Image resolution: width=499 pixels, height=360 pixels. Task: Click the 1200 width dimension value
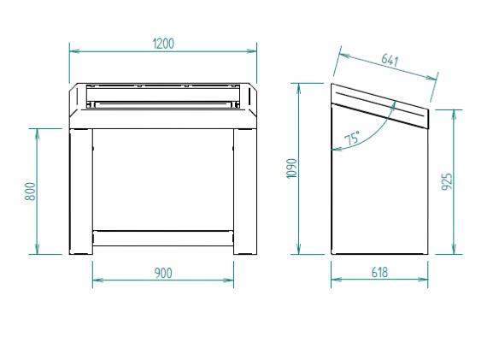pyautogui.click(x=163, y=44)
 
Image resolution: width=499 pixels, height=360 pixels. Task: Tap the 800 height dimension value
pyautogui.click(x=31, y=192)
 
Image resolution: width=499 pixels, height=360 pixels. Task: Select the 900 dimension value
pyautogui.click(x=163, y=273)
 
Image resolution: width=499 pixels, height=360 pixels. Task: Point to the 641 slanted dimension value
pyautogui.click(x=390, y=60)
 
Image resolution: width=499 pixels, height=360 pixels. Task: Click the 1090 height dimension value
pyautogui.click(x=292, y=168)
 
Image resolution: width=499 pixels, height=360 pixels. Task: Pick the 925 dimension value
pyautogui.click(x=447, y=181)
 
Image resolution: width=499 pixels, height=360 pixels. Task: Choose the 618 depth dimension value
pyautogui.click(x=379, y=273)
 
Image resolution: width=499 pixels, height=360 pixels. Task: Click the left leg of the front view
pyautogui.click(x=81, y=192)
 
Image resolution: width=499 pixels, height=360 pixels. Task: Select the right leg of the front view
pyautogui.click(x=245, y=192)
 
